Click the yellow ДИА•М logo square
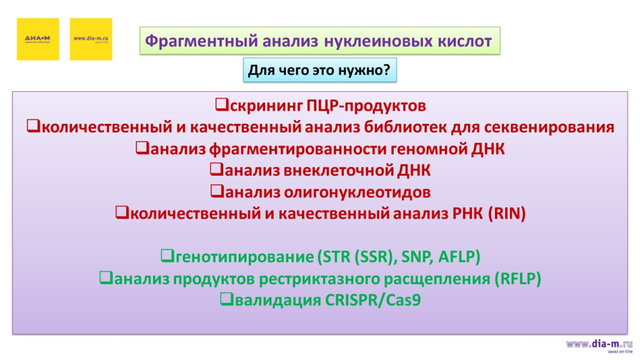(x=37, y=39)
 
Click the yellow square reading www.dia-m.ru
(x=91, y=39)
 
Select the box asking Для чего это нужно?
(x=319, y=71)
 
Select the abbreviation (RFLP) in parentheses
(x=517, y=278)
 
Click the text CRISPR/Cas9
(x=373, y=299)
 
